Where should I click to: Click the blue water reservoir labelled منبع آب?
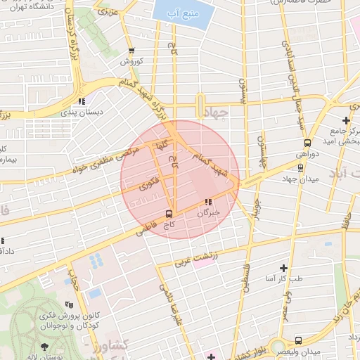184,13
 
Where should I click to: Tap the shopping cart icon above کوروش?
131,51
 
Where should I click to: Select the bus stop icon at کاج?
169,213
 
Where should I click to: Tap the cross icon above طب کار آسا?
283,268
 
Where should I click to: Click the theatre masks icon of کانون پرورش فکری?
68,304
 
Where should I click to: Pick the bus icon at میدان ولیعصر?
299,340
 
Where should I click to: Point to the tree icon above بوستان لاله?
45,347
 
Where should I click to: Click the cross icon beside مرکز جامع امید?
345,120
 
